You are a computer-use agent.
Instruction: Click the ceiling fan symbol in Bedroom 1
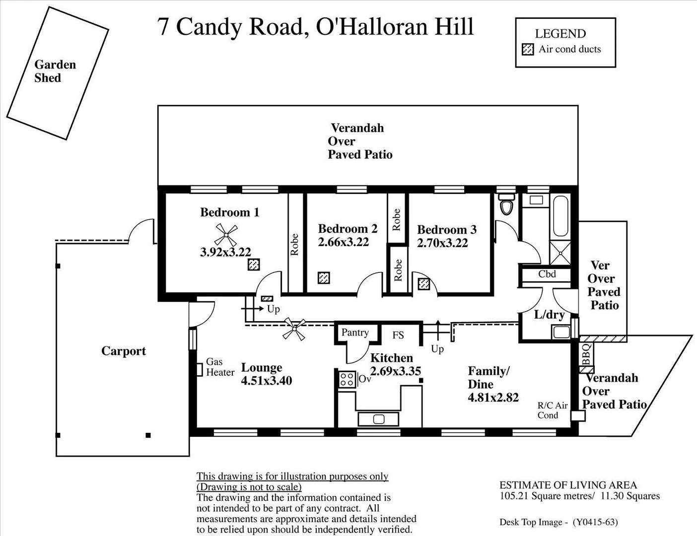[226, 234]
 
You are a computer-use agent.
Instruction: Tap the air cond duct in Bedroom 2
[324, 277]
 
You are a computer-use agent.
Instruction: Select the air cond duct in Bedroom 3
[423, 284]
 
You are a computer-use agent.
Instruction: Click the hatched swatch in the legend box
[528, 49]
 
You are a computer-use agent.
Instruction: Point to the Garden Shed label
[55, 71]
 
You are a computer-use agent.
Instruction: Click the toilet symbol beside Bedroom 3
[506, 205]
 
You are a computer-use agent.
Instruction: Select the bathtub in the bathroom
[561, 216]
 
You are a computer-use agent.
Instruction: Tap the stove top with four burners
[347, 380]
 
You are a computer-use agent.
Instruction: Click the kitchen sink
[378, 419]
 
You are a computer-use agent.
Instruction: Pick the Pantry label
[355, 333]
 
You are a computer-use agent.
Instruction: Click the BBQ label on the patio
[586, 354]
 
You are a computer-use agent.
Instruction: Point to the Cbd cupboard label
[547, 274]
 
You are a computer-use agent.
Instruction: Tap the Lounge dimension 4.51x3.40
[267, 381]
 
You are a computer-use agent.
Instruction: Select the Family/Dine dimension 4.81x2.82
[493, 398]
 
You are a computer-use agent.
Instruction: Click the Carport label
[124, 351]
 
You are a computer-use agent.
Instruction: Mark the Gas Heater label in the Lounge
[220, 367]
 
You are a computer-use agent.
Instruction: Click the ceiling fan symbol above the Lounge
[294, 329]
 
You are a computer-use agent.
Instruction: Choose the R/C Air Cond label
[552, 410]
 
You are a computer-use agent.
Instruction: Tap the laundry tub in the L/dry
[561, 332]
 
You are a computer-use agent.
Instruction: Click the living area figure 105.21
[514, 496]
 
